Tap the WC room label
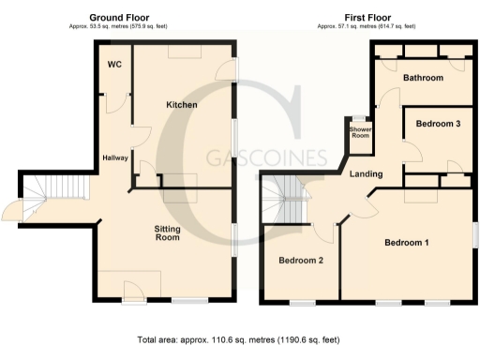(115, 65)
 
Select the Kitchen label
(182, 105)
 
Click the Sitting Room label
(167, 232)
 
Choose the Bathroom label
(423, 78)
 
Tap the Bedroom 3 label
(438, 124)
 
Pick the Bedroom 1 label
(407, 244)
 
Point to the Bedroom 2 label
(301, 261)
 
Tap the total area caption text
(240, 339)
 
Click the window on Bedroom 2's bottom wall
(301, 302)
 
